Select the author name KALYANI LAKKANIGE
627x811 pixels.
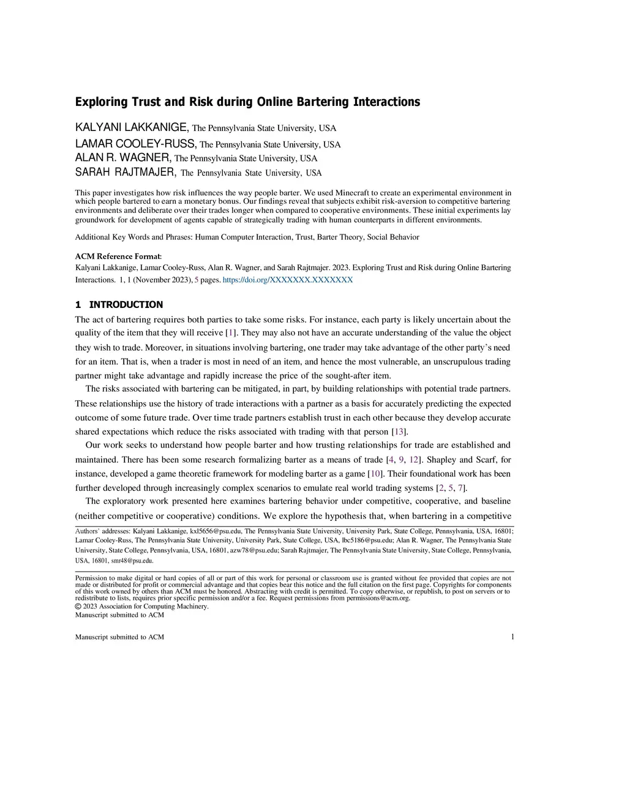pyautogui.click(x=132, y=127)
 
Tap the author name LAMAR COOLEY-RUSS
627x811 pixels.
pyautogui.click(x=135, y=144)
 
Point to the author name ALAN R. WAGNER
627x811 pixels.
pyautogui.click(x=122, y=158)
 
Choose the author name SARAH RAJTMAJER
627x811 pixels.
pyautogui.click(x=126, y=172)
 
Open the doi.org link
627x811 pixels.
pyautogui.click(x=288, y=280)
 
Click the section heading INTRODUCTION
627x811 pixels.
pyautogui.click(x=126, y=304)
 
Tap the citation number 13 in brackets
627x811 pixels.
pyautogui.click(x=399, y=432)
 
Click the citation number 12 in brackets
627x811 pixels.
pyautogui.click(x=414, y=460)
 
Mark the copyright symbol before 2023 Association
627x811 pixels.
pyautogui.click(x=78, y=607)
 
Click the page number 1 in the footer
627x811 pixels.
pyautogui.click(x=512, y=637)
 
